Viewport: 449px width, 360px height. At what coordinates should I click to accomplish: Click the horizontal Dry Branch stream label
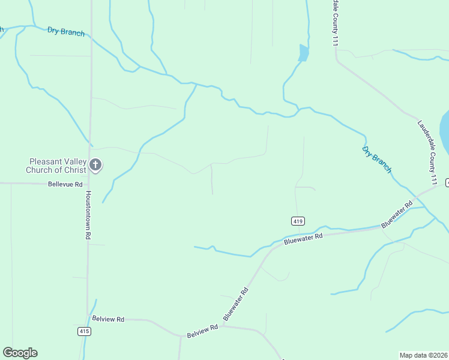(66, 32)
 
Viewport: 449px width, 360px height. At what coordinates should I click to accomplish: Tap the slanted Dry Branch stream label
(377, 159)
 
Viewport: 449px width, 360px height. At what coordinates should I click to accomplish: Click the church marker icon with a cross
(95, 165)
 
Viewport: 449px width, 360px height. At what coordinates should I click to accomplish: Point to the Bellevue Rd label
(65, 185)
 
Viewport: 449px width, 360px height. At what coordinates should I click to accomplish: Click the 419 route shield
(297, 221)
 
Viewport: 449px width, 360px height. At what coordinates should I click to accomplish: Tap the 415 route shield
(84, 331)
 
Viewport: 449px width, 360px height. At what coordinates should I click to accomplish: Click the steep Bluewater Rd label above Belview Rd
(235, 304)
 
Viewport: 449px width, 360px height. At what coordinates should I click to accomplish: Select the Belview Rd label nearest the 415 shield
(108, 319)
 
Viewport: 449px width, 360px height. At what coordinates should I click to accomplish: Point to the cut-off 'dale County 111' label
(334, 22)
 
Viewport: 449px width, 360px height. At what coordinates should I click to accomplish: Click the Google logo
(20, 353)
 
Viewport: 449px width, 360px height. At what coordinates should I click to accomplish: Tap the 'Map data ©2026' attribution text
(423, 355)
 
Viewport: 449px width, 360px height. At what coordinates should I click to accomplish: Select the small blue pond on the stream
(304, 53)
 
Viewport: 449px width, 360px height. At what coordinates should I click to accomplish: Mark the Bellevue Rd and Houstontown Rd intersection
(89, 184)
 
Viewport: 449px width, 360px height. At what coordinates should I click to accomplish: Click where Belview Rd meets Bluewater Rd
(223, 326)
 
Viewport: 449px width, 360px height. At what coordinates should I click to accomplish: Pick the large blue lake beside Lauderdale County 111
(445, 132)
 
